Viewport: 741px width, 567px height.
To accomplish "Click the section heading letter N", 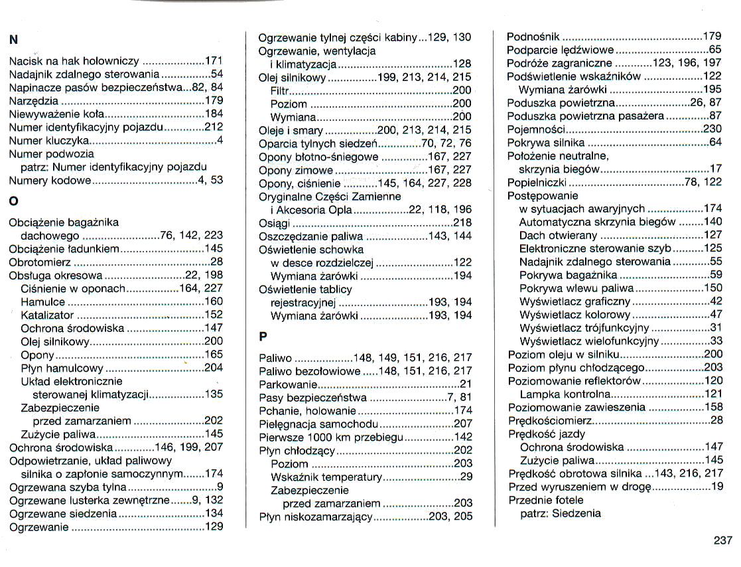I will (13, 39).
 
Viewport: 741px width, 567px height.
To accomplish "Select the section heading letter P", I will (263, 336).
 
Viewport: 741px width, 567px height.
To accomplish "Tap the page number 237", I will (722, 540).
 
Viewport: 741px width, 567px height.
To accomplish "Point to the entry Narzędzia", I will (34, 101).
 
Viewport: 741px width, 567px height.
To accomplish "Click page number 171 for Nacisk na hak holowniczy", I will (213, 61).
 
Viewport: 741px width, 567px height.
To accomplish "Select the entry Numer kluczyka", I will (49, 141).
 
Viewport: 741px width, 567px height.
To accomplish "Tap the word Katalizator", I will (47, 315).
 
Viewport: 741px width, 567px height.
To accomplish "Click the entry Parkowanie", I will (288, 384).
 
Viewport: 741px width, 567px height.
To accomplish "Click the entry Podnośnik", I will (533, 37).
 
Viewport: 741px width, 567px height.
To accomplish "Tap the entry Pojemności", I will (536, 129).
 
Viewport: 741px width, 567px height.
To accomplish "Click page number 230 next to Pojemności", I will (712, 129).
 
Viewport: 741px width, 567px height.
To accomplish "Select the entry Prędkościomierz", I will (550, 421).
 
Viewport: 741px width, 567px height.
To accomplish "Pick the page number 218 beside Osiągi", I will (462, 223).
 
